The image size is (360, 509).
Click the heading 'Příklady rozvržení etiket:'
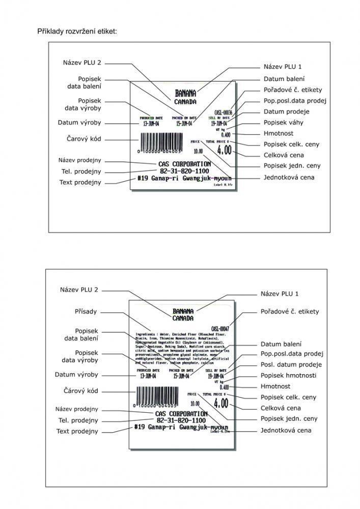pyautogui.click(x=77, y=32)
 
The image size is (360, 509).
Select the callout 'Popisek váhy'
pyautogui.click(x=284, y=123)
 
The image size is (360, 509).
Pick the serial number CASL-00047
pyautogui.click(x=220, y=329)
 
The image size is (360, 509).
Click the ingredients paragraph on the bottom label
pyautogui.click(x=181, y=348)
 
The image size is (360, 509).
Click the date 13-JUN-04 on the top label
pyautogui.click(x=152, y=123)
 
